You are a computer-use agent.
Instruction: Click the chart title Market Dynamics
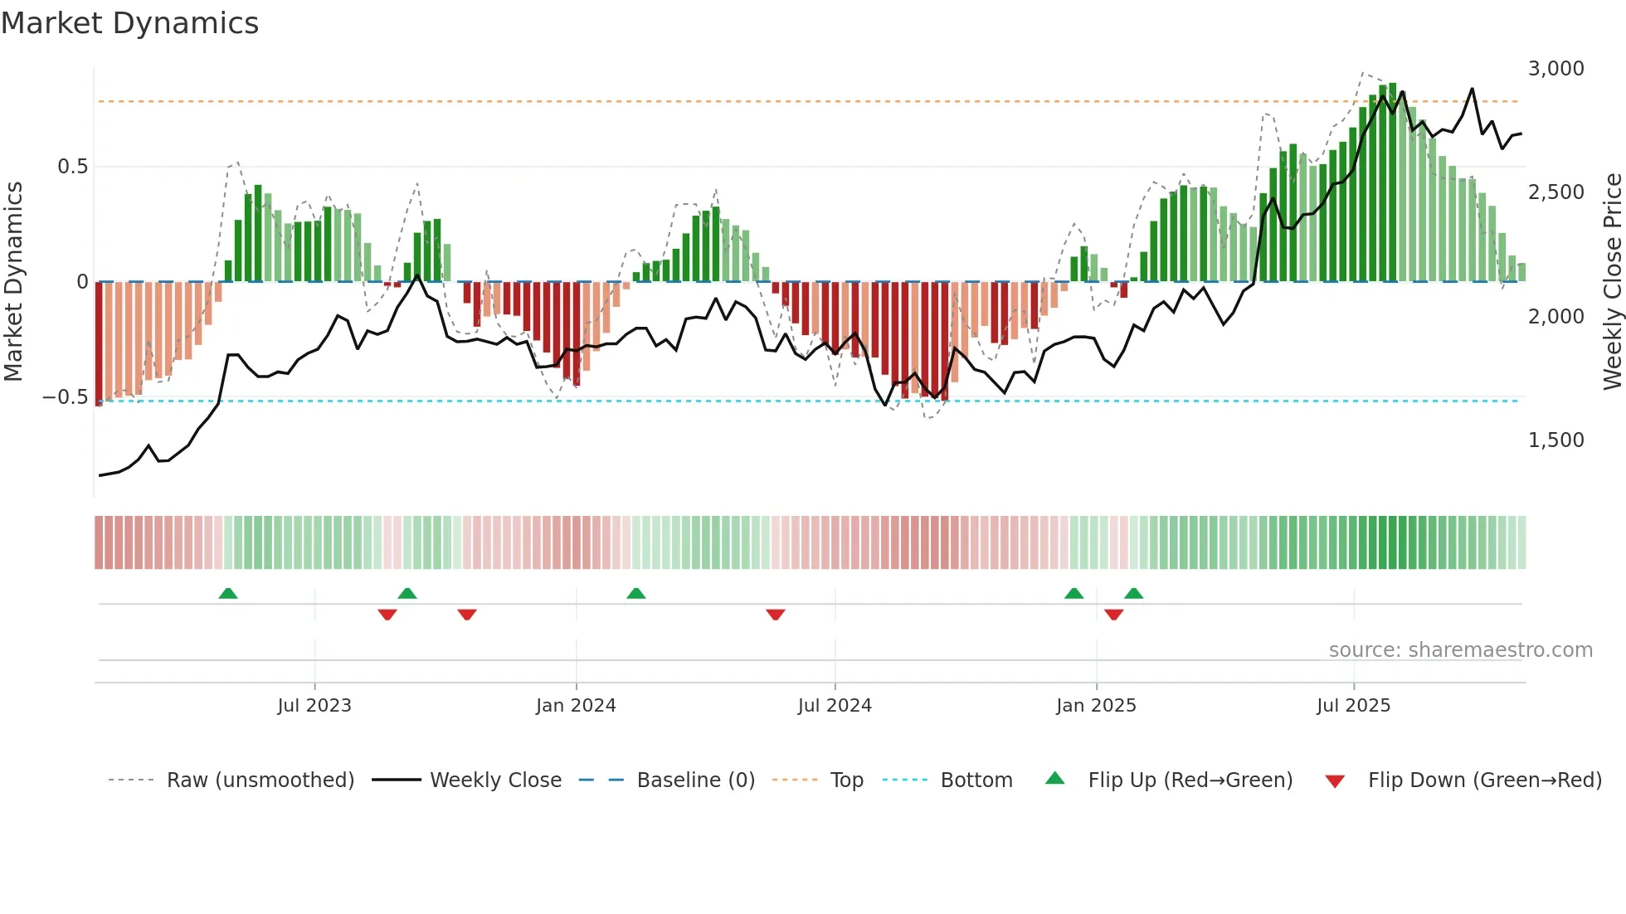click(130, 23)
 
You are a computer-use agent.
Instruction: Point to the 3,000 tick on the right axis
click(1555, 69)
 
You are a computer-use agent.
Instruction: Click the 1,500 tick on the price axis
click(1555, 440)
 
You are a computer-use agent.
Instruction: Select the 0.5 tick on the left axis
click(72, 167)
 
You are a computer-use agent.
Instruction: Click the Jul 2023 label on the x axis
click(314, 706)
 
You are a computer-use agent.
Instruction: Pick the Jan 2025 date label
click(1096, 706)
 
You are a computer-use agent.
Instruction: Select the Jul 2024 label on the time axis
click(835, 706)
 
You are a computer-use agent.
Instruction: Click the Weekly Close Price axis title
click(1612, 282)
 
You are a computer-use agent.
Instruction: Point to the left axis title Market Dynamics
click(13, 282)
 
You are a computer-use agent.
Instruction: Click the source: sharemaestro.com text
click(1460, 650)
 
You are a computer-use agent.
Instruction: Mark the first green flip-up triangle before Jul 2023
click(228, 593)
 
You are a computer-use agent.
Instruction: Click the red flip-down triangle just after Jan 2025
click(1114, 615)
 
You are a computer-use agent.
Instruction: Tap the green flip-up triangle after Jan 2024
click(636, 593)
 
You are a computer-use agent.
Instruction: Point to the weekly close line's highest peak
click(1473, 89)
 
